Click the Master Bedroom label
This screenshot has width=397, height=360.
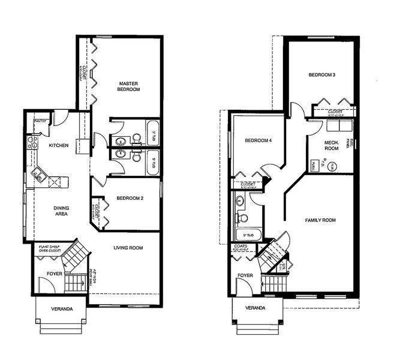(129, 86)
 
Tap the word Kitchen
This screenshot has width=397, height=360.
(58, 146)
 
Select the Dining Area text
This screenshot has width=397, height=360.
(62, 211)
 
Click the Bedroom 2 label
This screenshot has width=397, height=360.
(130, 198)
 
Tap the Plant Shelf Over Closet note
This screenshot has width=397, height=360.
(52, 247)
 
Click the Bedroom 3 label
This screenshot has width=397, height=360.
(321, 75)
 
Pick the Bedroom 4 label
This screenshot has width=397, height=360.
(258, 140)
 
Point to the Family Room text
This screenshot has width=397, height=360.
(320, 220)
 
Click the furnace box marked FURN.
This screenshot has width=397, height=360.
(314, 164)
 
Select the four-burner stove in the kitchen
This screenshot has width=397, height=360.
(29, 142)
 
